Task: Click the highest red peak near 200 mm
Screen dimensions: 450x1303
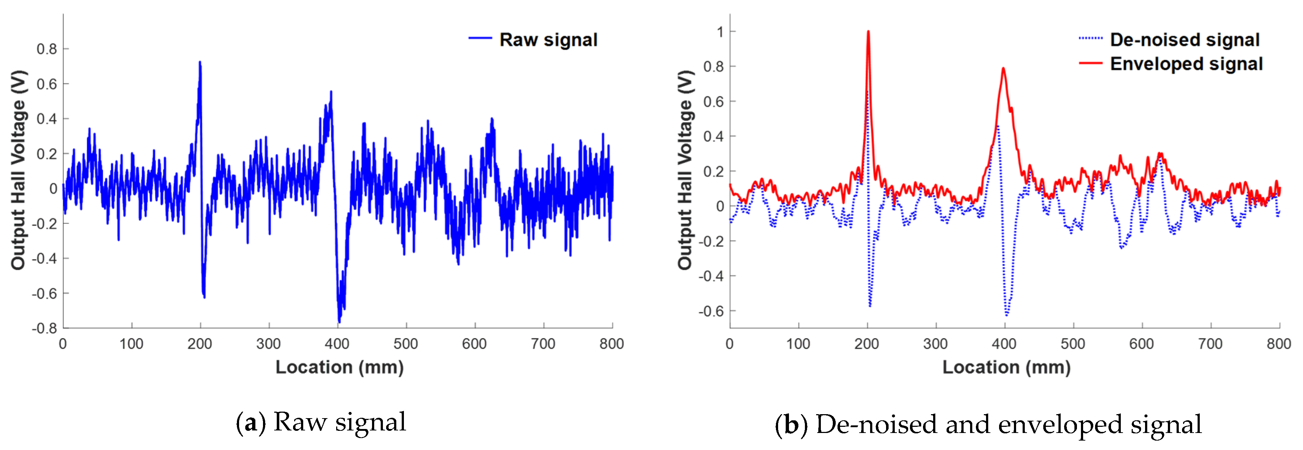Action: tap(868, 32)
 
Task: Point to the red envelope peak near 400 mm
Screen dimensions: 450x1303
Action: tap(1003, 69)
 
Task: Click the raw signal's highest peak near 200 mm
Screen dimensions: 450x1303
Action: tap(200, 63)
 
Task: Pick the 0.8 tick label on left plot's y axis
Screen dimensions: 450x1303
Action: tap(46, 49)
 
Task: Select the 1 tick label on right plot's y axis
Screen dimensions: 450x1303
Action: tap(720, 31)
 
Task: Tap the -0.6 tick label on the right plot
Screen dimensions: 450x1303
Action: tap(711, 311)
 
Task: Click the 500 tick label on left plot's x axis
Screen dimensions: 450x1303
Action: tap(406, 344)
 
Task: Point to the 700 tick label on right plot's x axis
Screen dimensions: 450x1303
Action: tap(1210, 344)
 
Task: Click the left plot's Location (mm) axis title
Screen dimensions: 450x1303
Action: tap(339, 367)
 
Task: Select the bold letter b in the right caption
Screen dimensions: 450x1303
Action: tap(792, 425)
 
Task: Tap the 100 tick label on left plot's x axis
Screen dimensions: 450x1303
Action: tap(131, 344)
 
